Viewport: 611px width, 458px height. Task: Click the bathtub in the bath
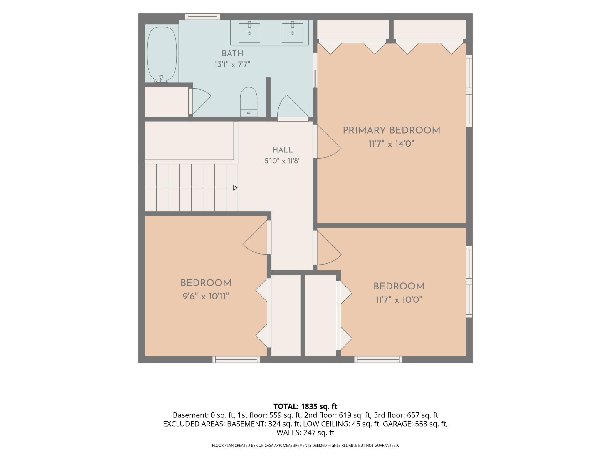[x=162, y=54]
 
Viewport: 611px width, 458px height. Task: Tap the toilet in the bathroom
[x=249, y=102]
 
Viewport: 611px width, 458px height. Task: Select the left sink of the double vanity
[x=249, y=32]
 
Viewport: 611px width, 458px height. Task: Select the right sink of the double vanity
[x=293, y=32]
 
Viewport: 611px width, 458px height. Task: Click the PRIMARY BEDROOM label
[x=392, y=131]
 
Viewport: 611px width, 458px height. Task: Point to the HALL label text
[x=283, y=150]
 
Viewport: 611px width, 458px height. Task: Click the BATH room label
[x=232, y=54]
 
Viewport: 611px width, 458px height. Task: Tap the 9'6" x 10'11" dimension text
[x=206, y=297]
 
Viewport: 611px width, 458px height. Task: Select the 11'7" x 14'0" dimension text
[x=392, y=144]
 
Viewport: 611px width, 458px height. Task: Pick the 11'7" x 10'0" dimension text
[x=399, y=300]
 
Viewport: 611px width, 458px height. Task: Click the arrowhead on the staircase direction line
[x=235, y=188]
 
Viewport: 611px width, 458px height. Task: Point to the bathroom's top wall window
[x=203, y=16]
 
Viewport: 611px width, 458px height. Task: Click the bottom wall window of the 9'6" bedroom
[x=236, y=359]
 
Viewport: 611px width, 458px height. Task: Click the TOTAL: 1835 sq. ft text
[x=305, y=406]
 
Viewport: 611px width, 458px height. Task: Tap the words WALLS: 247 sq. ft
[x=305, y=432]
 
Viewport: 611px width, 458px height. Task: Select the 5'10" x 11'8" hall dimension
[x=283, y=161]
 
